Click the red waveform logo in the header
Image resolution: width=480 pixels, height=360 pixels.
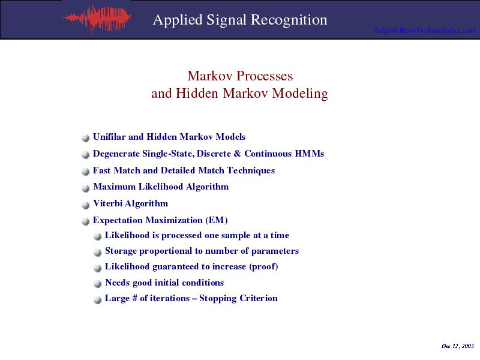coord(97,19)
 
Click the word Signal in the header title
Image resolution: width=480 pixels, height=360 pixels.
coord(226,20)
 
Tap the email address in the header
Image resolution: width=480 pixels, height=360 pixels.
coord(425,31)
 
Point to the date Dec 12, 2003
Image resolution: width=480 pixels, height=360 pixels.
coord(458,346)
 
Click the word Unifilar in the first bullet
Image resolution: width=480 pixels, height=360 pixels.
coord(109,137)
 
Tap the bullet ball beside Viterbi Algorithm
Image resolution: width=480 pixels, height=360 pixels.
coord(85,205)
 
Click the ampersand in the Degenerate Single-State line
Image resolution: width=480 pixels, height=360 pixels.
coord(237,154)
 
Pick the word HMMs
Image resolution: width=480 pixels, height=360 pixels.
coord(309,154)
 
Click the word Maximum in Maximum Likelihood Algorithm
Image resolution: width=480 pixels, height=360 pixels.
coord(115,187)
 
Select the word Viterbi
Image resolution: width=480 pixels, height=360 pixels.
coord(108,203)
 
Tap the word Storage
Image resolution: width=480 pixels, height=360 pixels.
coord(121,251)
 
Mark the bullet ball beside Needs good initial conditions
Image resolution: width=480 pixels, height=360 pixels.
coord(97,284)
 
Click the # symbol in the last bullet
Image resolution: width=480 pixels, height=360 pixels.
coord(134,298)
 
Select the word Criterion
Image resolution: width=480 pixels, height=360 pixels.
coord(259,298)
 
